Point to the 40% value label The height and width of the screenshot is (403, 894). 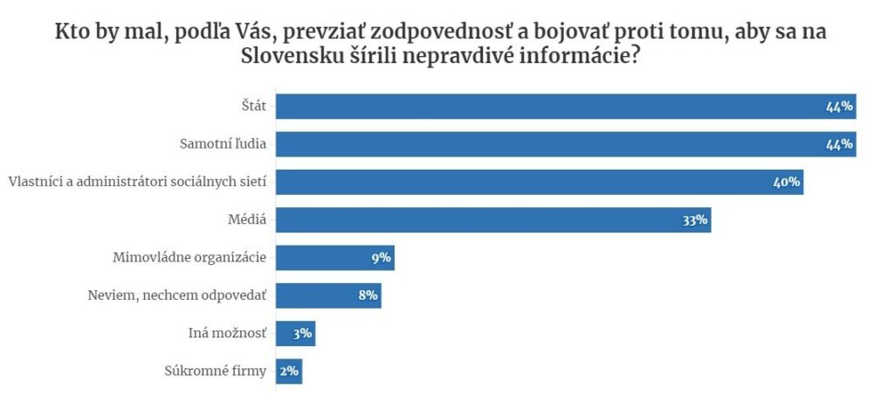point(787,183)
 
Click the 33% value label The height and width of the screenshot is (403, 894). point(695,220)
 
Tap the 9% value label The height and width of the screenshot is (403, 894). point(381,258)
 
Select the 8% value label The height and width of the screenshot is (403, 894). point(368,295)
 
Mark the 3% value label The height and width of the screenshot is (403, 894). point(302,333)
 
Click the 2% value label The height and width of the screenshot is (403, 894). point(289,371)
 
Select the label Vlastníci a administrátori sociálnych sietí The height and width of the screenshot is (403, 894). point(137,182)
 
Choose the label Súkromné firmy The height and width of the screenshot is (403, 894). point(215,371)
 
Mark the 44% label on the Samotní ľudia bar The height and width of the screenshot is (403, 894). point(839,144)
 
